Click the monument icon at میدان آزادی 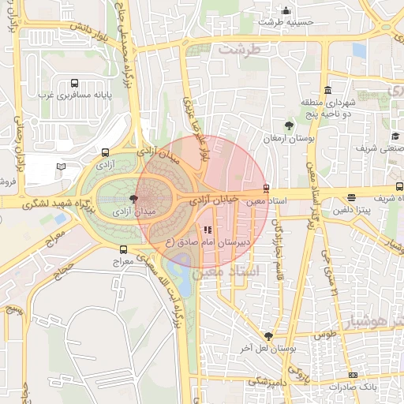coord(132,200)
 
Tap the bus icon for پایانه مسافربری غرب coord(75,83)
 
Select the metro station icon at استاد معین coord(266,189)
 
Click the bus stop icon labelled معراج coord(122,249)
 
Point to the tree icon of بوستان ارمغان coord(290,125)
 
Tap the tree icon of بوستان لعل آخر coord(269,336)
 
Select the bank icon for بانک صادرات coord(352,375)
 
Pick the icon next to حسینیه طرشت coord(286,11)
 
